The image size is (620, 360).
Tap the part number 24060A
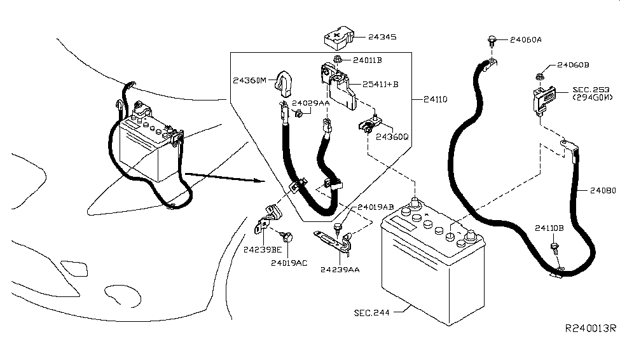point(525,39)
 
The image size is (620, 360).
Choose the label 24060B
point(573,65)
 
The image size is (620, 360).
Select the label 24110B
point(549,228)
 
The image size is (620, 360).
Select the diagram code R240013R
point(590,329)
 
